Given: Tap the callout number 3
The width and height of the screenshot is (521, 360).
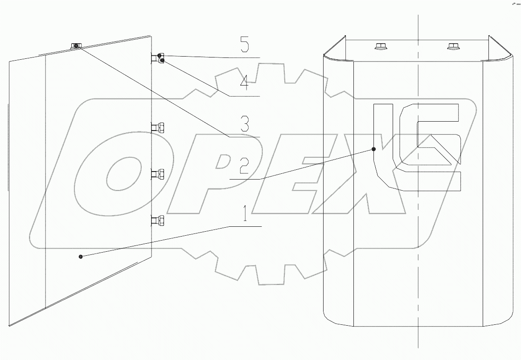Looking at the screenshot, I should [x=244, y=124].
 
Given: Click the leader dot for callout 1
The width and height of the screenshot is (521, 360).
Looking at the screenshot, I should [x=81, y=256].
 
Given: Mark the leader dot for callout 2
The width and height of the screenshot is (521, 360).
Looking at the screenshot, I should [x=373, y=150].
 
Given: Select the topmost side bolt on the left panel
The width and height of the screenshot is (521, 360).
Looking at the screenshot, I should [x=158, y=58].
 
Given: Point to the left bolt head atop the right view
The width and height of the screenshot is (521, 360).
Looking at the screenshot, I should [x=381, y=45].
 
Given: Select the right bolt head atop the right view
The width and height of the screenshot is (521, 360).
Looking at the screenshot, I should [x=453, y=45].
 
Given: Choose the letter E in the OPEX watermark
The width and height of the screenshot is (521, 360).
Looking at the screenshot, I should [x=285, y=178].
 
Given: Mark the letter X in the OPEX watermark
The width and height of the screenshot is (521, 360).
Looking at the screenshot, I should [x=357, y=183].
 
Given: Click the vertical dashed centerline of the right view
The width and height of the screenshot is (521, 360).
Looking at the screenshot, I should [x=418, y=267].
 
